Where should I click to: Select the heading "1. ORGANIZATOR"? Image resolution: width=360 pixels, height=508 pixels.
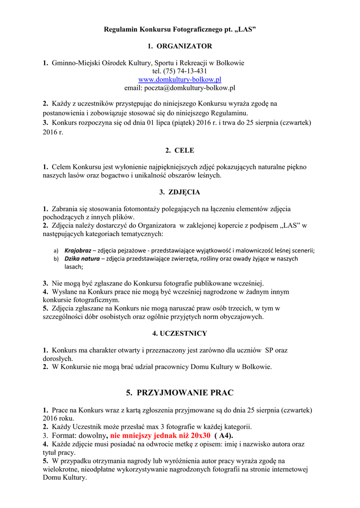180,46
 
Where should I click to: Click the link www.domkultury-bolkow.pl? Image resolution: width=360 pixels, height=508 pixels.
180,79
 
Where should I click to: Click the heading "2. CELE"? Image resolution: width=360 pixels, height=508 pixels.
180,150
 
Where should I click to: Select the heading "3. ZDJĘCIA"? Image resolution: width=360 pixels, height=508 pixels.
180,191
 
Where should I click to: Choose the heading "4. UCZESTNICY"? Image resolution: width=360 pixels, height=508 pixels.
180,333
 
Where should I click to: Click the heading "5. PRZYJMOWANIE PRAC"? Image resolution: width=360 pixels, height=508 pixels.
180,392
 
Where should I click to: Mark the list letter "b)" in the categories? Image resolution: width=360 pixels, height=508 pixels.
56,259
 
